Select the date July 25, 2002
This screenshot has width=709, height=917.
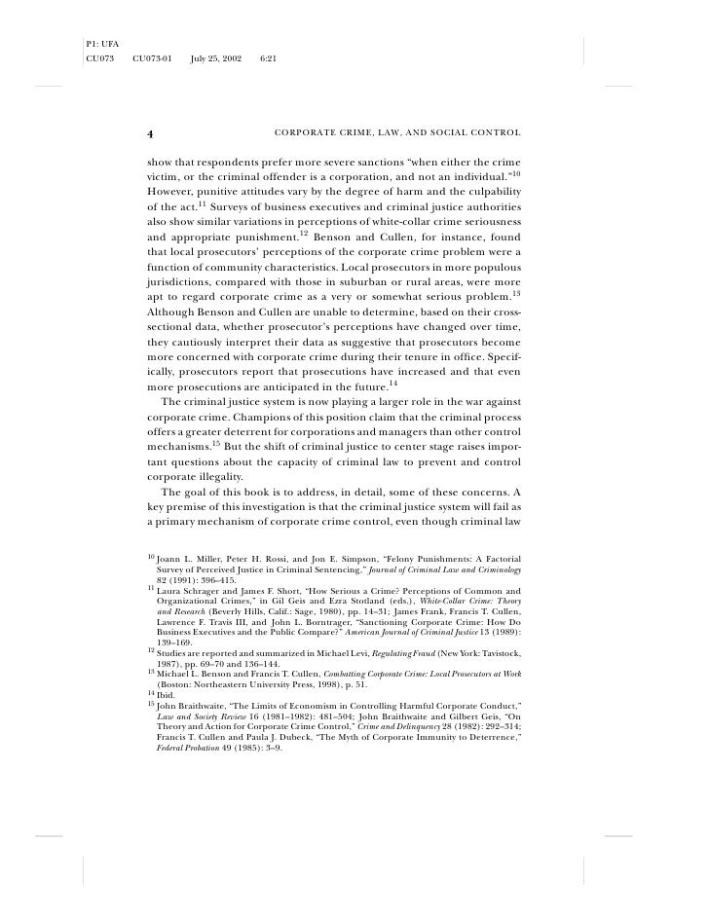click(214, 60)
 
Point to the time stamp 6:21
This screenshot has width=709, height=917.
click(270, 60)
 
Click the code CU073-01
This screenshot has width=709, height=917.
click(151, 60)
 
